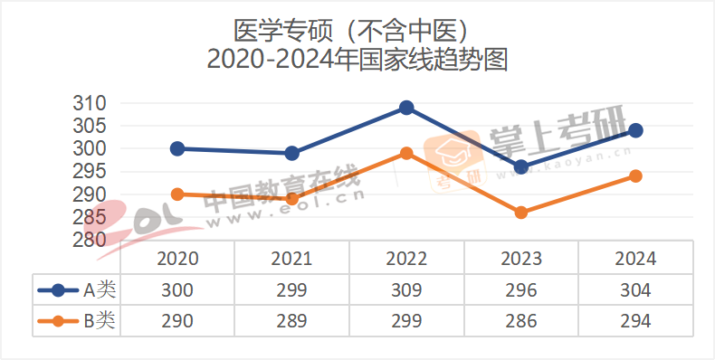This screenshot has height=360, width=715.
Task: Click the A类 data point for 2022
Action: pyautogui.click(x=406, y=108)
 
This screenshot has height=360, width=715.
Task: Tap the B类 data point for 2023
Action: pyautogui.click(x=521, y=213)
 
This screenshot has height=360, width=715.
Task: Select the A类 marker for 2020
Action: pyautogui.click(x=177, y=148)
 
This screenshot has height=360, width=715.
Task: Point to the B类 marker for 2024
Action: pyautogui.click(x=635, y=176)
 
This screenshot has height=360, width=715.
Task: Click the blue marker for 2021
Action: pyautogui.click(x=292, y=154)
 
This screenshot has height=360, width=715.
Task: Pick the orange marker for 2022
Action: pyautogui.click(x=406, y=154)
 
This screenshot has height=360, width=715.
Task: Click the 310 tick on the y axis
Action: pyautogui.click(x=90, y=103)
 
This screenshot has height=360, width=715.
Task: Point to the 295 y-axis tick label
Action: pyautogui.click(x=90, y=172)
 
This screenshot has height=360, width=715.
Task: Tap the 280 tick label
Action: pyautogui.click(x=90, y=240)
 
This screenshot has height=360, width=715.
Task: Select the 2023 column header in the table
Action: pyautogui.click(x=521, y=259)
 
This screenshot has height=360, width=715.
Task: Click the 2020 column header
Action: pyautogui.click(x=177, y=259)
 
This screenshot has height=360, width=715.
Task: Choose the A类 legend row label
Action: pyautogui.click(x=100, y=290)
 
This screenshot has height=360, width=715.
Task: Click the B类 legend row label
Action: pyautogui.click(x=100, y=320)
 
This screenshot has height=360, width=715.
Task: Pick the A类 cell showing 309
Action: pyautogui.click(x=406, y=290)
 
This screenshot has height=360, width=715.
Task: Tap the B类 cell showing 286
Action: pyautogui.click(x=521, y=320)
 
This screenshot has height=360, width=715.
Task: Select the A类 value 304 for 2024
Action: pyautogui.click(x=635, y=290)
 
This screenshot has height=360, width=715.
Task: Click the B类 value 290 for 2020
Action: pyautogui.click(x=177, y=320)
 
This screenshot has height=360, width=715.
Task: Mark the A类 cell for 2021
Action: pyautogui.click(x=292, y=290)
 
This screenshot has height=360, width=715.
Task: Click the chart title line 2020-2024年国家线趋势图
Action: pyautogui.click(x=357, y=61)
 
